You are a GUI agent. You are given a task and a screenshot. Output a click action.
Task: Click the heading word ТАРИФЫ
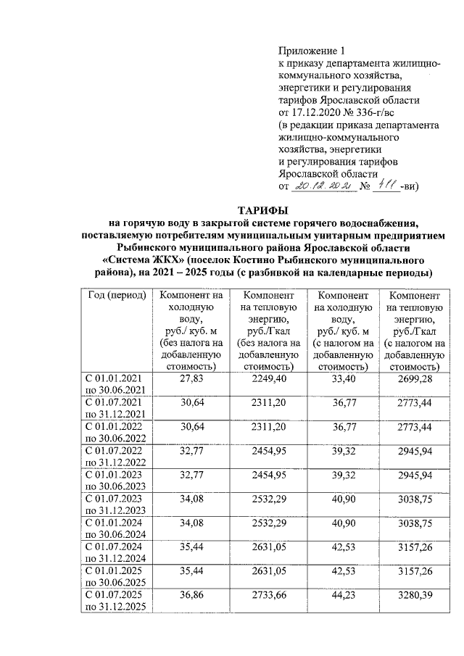pyautogui.click(x=265, y=209)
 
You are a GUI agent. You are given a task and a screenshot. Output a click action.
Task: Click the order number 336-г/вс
pyautogui.click(x=391, y=112)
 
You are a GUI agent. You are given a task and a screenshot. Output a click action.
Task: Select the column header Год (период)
pyautogui.click(x=117, y=296)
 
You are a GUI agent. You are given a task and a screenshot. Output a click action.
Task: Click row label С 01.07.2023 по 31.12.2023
pyautogui.click(x=117, y=504)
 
